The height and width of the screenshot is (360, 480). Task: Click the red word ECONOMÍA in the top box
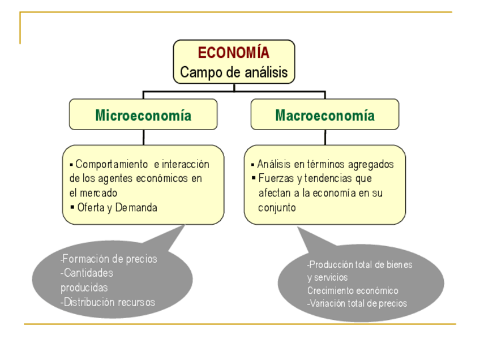[x=233, y=53]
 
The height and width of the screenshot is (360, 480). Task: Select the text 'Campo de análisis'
[x=234, y=72]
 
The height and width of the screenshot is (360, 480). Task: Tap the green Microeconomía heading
[x=143, y=115]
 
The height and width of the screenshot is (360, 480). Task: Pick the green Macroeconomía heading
[x=325, y=115]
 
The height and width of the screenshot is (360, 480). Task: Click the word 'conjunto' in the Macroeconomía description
[x=277, y=208]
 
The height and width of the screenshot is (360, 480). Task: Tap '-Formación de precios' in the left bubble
[x=109, y=259]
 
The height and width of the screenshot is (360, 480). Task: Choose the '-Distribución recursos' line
[x=108, y=302]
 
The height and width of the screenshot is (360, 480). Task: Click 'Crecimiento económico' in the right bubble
[x=353, y=290]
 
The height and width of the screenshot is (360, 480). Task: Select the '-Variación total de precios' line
[x=357, y=303]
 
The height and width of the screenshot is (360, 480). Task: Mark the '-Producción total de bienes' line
[x=359, y=264]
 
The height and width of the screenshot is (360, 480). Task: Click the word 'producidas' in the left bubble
[x=84, y=288]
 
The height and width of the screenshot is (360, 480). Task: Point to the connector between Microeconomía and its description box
[x=143, y=138]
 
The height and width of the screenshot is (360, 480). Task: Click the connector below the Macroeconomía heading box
[x=325, y=138]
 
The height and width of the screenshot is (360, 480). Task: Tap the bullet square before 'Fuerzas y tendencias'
[x=254, y=179]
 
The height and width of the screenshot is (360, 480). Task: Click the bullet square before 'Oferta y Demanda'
[x=72, y=207]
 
